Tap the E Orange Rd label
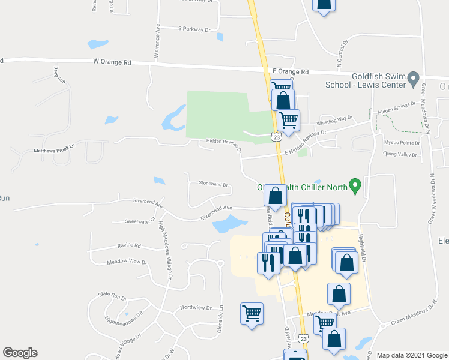290,71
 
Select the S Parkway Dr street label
195,29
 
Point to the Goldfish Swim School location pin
412,78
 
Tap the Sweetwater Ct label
140,221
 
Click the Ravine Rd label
129,246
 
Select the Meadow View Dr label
127,262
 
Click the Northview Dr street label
196,307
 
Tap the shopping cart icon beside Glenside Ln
252,313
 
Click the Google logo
20,353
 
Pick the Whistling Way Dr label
334,119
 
